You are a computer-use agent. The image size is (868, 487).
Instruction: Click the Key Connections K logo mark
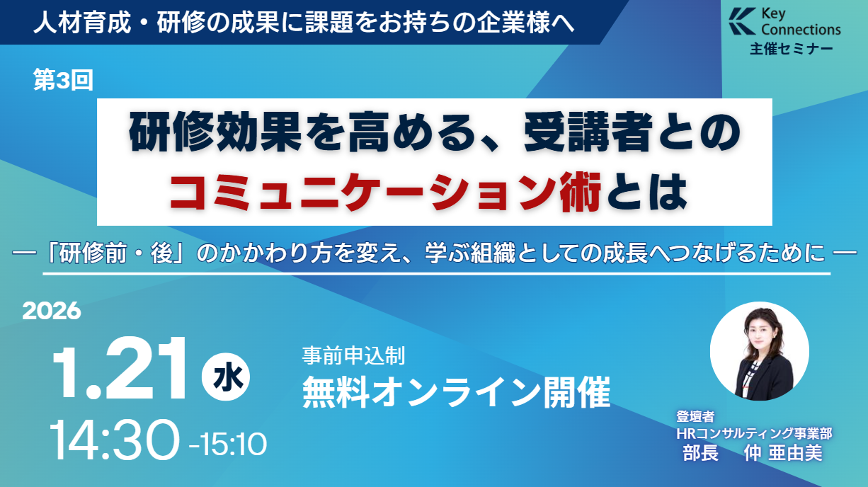(x=742, y=21)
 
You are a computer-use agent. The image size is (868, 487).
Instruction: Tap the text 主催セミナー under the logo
(x=792, y=49)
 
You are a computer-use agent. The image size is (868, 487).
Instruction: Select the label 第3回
(x=63, y=80)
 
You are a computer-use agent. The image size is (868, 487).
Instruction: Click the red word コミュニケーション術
(x=386, y=192)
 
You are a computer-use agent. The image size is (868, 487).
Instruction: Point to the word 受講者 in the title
(x=588, y=133)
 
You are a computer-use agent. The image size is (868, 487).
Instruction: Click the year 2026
(x=52, y=311)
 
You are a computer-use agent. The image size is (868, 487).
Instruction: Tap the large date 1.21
(x=120, y=368)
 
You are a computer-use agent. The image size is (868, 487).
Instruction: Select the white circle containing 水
(x=226, y=377)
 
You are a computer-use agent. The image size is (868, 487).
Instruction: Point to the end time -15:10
(x=228, y=445)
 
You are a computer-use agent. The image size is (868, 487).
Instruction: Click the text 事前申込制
(x=353, y=355)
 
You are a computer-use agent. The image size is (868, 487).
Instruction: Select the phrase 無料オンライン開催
(x=456, y=392)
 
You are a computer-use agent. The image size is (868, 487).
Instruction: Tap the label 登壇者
(x=695, y=416)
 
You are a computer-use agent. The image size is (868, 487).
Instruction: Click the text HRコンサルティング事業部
(x=754, y=433)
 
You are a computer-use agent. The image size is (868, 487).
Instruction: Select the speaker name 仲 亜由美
(x=783, y=453)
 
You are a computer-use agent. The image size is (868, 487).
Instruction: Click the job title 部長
(x=701, y=453)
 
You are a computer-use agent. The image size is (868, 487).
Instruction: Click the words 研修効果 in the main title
(x=215, y=133)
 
